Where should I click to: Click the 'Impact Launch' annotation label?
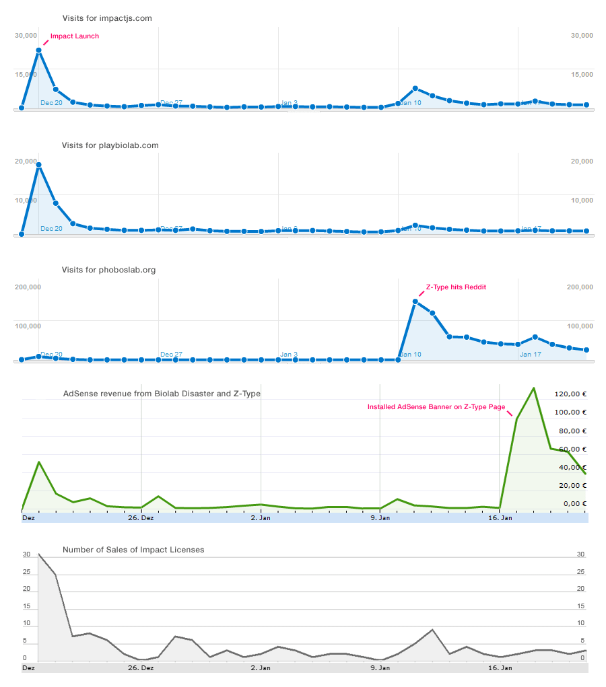click(x=75, y=36)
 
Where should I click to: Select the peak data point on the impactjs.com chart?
click(x=39, y=50)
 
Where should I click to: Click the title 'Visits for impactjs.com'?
click(x=106, y=18)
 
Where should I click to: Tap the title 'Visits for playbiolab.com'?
click(x=110, y=145)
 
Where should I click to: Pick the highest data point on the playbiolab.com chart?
click(x=39, y=165)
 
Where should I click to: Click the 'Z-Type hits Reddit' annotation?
click(x=456, y=287)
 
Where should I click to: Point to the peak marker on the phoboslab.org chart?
click(x=415, y=301)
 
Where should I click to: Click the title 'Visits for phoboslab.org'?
click(x=108, y=270)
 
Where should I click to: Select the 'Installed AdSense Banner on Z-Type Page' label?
click(x=436, y=407)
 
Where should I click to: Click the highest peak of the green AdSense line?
click(x=533, y=388)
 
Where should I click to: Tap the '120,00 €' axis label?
click(x=570, y=394)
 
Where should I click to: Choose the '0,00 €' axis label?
click(x=574, y=504)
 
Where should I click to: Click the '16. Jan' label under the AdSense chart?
click(x=499, y=518)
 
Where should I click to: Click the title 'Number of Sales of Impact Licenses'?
click(x=133, y=550)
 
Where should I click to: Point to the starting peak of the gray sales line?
click(x=38, y=554)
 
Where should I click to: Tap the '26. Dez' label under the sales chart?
click(x=141, y=668)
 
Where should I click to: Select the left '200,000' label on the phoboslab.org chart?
click(x=28, y=287)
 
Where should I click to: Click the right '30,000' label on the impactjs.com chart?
click(x=581, y=36)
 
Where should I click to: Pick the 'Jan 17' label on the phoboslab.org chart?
click(x=530, y=355)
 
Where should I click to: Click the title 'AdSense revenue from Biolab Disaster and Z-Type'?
click(x=162, y=394)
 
